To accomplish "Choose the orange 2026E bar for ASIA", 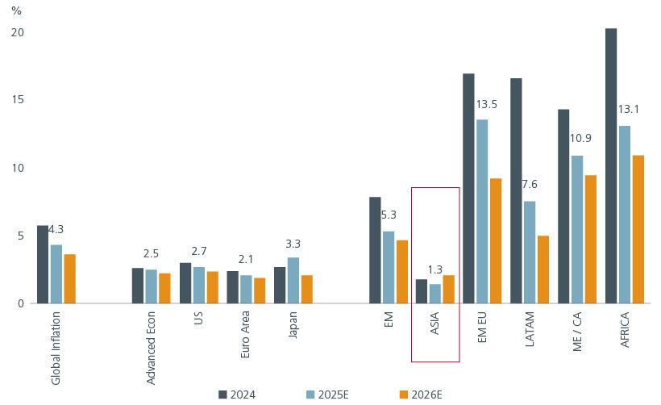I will point(448,290).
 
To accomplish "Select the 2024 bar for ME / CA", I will point(563,207).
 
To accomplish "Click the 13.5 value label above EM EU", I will point(486,105).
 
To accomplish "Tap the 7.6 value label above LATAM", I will point(530,185).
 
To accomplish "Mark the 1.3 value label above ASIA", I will point(435,269).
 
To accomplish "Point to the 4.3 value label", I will point(56,230).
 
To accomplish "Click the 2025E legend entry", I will point(327,395).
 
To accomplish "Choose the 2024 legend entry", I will point(237,395).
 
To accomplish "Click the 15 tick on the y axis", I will point(17,100).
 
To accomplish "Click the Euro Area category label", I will point(246,336).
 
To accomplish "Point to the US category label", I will point(198,320).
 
